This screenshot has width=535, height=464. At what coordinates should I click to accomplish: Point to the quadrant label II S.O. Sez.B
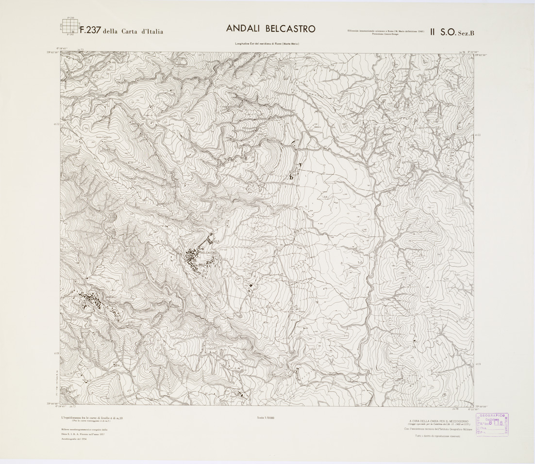pos(457,32)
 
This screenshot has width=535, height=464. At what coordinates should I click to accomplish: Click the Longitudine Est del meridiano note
pos(267,44)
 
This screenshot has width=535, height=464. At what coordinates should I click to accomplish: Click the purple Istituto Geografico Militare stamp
pos(493,424)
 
